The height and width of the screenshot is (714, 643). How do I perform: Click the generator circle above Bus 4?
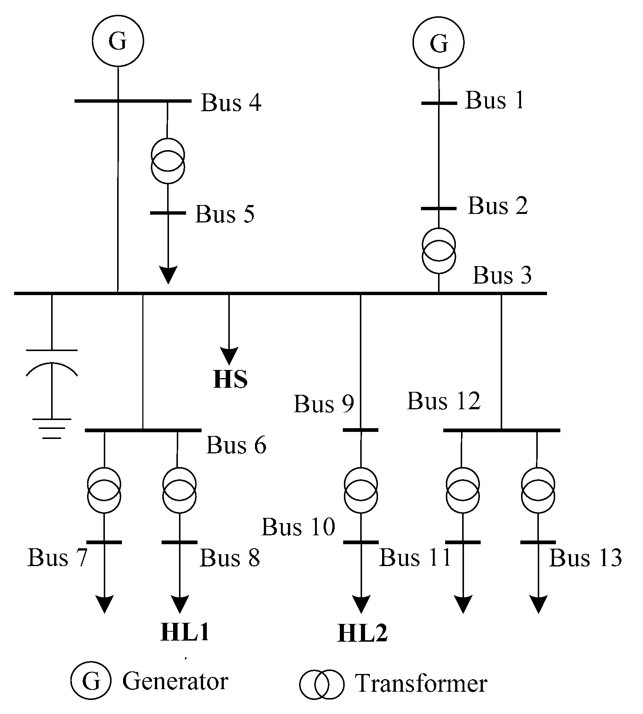[118, 41]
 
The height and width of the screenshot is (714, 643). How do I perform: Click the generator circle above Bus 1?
[438, 42]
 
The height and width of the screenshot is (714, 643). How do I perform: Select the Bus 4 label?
[231, 103]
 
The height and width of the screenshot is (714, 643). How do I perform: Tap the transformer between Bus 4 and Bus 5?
[168, 161]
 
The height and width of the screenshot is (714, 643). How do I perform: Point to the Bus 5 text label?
[225, 214]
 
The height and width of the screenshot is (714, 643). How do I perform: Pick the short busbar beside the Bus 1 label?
[439, 103]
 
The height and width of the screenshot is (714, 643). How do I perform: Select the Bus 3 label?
[502, 275]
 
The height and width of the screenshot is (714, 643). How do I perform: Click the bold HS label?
[230, 379]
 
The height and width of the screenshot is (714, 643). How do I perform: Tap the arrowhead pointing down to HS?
[229, 356]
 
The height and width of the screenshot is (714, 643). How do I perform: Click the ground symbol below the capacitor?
[52, 429]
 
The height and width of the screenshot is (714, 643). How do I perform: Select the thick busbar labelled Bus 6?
[143, 430]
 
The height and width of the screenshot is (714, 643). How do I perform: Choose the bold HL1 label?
[185, 632]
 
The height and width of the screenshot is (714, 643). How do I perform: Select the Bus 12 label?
[444, 401]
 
